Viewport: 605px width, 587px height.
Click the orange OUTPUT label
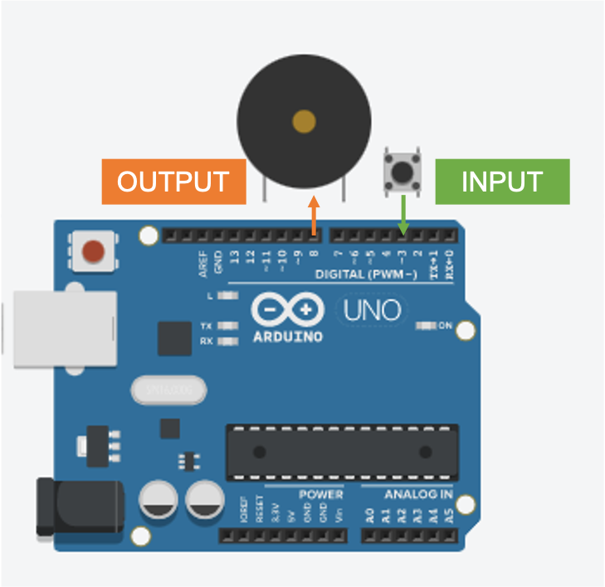tap(173, 182)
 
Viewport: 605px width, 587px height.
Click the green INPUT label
tap(502, 182)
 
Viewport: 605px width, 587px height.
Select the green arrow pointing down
tap(403, 215)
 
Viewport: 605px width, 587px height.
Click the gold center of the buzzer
tap(304, 122)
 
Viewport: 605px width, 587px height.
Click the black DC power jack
tap(80, 506)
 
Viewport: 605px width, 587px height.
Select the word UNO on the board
tap(372, 311)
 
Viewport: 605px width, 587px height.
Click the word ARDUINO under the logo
tap(287, 337)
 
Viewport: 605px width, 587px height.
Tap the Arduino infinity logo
tap(287, 310)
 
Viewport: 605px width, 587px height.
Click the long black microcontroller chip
tap(343, 452)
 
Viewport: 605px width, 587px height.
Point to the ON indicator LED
tap(427, 326)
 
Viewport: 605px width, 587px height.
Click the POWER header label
tap(320, 495)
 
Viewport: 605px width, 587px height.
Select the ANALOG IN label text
tap(418, 495)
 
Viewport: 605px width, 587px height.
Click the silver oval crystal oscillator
tap(168, 389)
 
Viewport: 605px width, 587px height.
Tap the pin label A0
tap(369, 515)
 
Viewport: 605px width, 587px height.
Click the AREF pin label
tap(203, 263)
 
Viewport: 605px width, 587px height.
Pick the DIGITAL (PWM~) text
tap(366, 274)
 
